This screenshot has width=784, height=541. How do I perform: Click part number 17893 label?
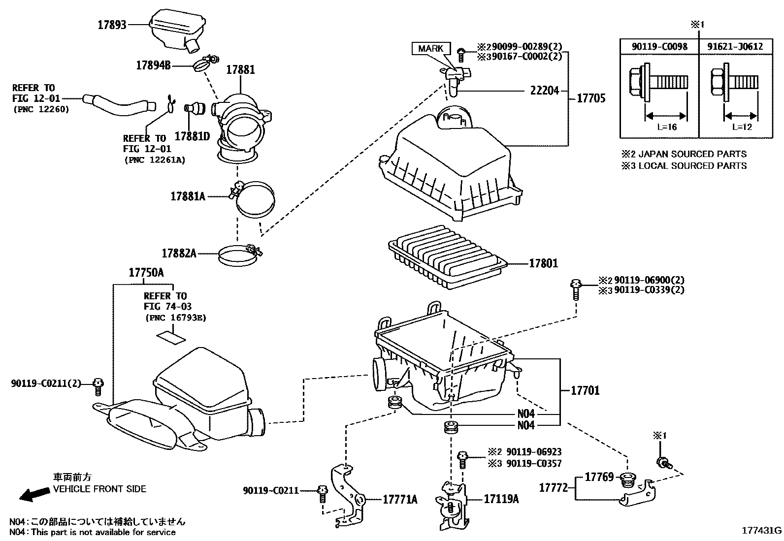click(x=112, y=25)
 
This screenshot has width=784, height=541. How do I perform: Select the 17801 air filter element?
click(x=448, y=256)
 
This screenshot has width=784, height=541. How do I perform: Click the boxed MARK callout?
click(x=430, y=48)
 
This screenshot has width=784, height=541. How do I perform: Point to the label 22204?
click(x=545, y=91)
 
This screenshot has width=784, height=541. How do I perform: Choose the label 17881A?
click(x=188, y=196)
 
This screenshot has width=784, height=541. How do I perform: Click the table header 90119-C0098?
click(x=659, y=47)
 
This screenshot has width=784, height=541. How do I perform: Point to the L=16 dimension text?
click(x=667, y=127)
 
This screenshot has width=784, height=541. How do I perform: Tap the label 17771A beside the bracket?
click(x=400, y=500)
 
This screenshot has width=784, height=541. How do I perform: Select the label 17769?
click(x=599, y=477)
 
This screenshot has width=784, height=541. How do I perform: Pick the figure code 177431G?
click(x=762, y=531)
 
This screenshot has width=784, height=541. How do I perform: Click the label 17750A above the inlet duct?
click(x=146, y=273)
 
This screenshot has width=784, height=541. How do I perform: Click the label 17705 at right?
click(x=591, y=98)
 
